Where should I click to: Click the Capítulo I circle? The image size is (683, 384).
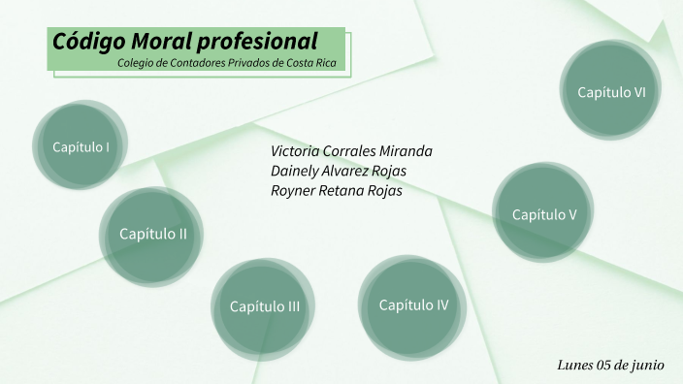pos(80,147)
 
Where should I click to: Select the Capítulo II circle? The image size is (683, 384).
pos(152,234)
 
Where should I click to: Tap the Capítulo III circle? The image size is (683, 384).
pos(264,307)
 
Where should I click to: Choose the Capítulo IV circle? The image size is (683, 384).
pos(413,305)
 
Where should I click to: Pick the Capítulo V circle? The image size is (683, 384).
pos(544,214)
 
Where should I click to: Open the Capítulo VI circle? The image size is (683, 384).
pos(611,92)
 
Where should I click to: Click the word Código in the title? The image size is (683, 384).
pos(82,42)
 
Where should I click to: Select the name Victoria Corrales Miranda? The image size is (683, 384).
pos(351,151)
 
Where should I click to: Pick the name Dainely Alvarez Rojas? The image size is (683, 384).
pos(339,171)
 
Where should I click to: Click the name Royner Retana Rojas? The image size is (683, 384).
pos(336,190)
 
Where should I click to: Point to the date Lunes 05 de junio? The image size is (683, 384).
pos(610,365)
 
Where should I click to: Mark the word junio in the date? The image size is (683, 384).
pos(647,365)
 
